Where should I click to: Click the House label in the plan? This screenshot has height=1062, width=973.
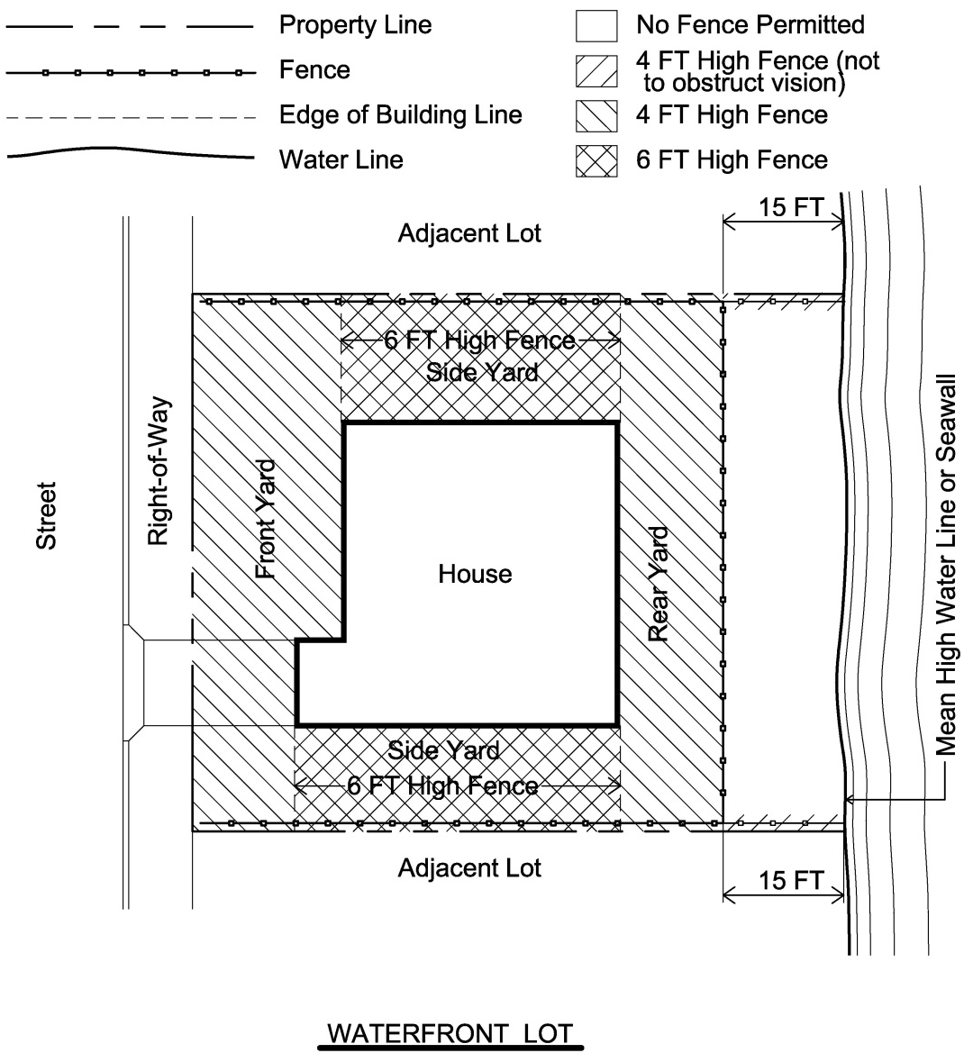[475, 575]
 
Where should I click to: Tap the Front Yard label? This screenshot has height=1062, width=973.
[267, 519]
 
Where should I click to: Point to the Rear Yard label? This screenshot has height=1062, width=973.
[659, 584]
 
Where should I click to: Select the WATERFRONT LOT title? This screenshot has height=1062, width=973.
[451, 1033]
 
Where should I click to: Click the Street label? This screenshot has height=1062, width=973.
[46, 515]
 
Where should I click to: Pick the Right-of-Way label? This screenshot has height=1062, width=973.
[159, 471]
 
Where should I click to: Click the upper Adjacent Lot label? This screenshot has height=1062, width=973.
[469, 233]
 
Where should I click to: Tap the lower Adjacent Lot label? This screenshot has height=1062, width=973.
[469, 868]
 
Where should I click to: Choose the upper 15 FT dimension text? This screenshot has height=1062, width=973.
[791, 207]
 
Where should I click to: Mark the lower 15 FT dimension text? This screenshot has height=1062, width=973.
[791, 880]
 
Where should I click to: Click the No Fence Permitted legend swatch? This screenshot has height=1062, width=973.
[597, 26]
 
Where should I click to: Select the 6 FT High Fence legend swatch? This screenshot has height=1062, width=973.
[597, 161]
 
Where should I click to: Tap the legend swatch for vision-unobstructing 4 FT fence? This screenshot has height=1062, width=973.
[597, 71]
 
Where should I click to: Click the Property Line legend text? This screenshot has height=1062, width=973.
[355, 25]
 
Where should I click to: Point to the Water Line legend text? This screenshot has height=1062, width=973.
[341, 159]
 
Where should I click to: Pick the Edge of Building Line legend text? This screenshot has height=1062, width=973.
[400, 115]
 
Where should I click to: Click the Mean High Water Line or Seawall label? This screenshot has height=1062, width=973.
[946, 565]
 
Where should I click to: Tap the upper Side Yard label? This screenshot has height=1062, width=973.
[482, 373]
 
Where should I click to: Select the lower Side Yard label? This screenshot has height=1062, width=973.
[444, 750]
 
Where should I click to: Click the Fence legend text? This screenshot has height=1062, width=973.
[314, 69]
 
